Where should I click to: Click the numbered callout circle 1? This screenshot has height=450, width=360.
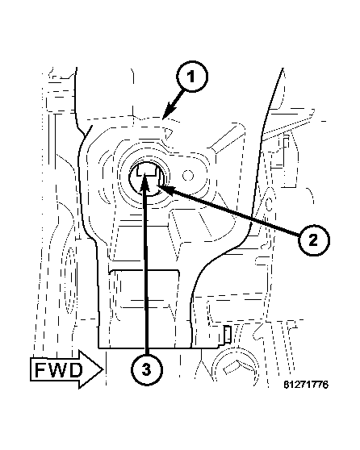(x=191, y=77)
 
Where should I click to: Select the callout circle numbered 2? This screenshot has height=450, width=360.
(x=313, y=240)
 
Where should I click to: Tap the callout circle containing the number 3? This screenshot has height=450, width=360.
(x=147, y=369)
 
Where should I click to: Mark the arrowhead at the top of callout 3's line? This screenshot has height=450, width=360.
(x=144, y=183)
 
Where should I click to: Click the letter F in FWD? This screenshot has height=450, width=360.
(x=40, y=370)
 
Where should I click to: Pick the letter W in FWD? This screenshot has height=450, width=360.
(x=57, y=370)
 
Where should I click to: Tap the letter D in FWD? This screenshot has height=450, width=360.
(x=76, y=370)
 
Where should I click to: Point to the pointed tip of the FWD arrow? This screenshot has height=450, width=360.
(x=103, y=369)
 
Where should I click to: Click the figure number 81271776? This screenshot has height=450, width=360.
(x=306, y=385)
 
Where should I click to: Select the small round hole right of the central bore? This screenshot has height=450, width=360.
(x=188, y=175)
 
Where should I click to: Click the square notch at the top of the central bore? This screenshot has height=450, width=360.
(x=146, y=169)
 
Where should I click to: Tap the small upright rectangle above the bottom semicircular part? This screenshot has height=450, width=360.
(x=228, y=334)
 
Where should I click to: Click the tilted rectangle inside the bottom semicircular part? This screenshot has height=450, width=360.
(x=233, y=368)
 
